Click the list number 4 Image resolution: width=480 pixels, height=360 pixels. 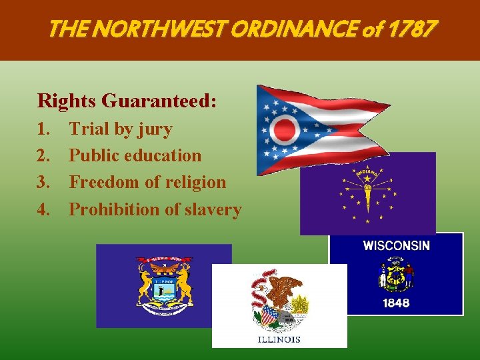tap(44, 209)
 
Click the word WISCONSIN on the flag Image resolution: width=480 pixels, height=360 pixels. tap(396, 245)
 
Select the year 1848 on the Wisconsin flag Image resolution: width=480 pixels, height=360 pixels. tap(396, 303)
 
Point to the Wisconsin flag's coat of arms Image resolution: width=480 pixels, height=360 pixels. tap(396, 274)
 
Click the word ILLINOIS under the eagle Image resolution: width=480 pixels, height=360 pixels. tap(279, 339)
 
